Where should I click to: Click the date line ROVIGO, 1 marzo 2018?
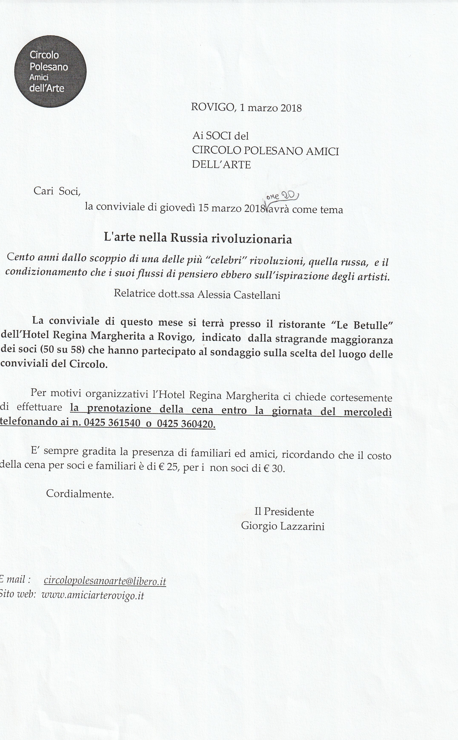point(246,108)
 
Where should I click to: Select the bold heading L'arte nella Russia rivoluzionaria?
point(198,239)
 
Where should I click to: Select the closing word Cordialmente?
point(80,494)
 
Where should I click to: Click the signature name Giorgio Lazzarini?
point(283,526)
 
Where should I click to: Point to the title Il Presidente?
point(284,512)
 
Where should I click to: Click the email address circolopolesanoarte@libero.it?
point(105,581)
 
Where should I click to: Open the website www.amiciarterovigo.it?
point(92,595)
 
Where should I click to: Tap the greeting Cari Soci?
point(57,191)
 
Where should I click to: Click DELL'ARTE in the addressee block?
point(221,165)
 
